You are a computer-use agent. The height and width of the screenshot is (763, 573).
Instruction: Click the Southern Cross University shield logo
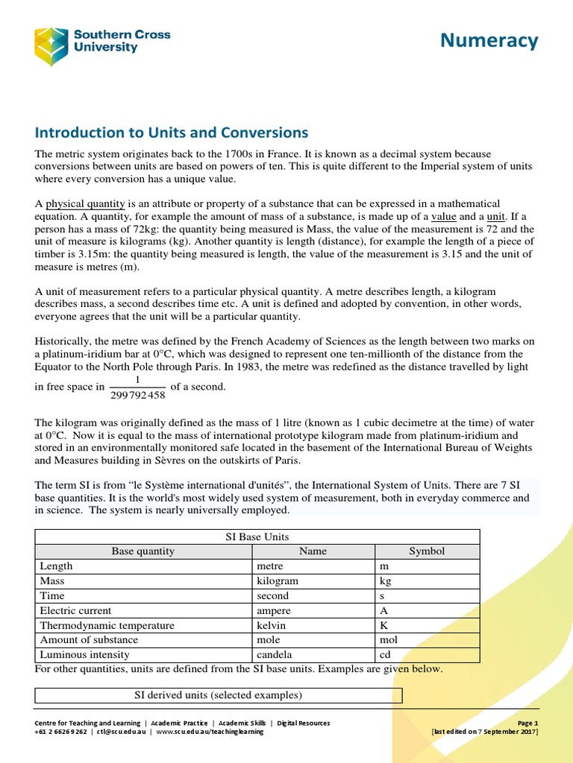click(x=51, y=47)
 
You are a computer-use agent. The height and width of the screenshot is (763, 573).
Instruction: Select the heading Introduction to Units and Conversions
click(x=172, y=133)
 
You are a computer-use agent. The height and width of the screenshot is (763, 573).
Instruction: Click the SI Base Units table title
click(x=257, y=536)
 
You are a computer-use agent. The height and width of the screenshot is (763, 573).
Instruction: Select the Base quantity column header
click(x=143, y=551)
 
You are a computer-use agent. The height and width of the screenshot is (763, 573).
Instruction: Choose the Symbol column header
click(x=427, y=551)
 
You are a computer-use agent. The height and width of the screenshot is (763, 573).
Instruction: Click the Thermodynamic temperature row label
click(x=107, y=625)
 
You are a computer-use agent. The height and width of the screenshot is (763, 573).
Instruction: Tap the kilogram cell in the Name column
click(x=278, y=580)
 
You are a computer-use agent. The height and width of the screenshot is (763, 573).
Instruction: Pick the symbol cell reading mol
click(x=389, y=640)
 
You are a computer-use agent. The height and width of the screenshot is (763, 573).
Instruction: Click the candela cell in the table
click(x=276, y=655)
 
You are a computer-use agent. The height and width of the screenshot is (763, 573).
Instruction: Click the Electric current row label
click(x=74, y=610)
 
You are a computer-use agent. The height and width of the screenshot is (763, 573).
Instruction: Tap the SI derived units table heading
click(x=218, y=695)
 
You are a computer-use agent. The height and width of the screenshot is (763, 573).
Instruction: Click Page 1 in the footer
click(x=527, y=723)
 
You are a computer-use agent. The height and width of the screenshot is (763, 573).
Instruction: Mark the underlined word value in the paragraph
click(x=444, y=216)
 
